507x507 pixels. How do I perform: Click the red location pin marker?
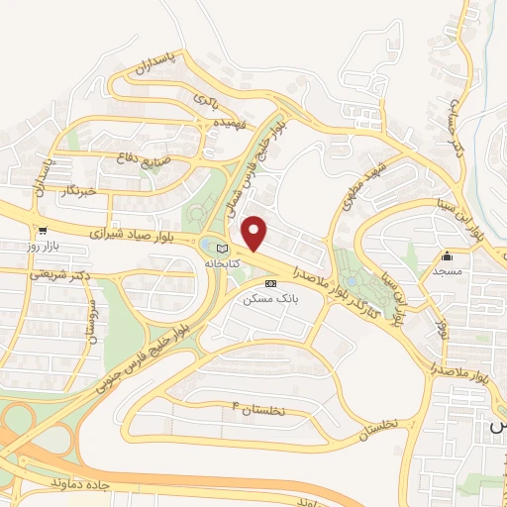(x=255, y=232)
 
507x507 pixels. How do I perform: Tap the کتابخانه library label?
(x=224, y=265)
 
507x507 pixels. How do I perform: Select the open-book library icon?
(x=222, y=248)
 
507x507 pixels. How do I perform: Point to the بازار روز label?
(x=44, y=243)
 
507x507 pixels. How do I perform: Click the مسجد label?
(x=454, y=270)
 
